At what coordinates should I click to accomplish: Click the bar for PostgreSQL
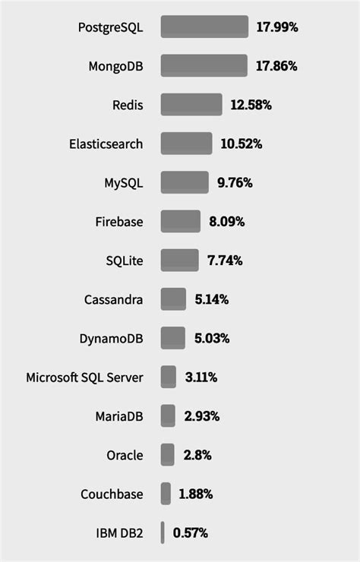pyautogui.click(x=204, y=27)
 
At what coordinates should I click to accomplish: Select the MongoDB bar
pyautogui.click(x=204, y=65)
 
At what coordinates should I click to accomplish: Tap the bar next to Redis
pyautogui.click(x=191, y=105)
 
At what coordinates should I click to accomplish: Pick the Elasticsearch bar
pyautogui.click(x=186, y=144)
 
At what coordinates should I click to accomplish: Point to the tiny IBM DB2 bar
pyautogui.click(x=163, y=532)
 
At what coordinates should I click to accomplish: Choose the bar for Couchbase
pyautogui.click(x=166, y=494)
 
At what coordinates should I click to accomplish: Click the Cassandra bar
pyautogui.click(x=173, y=299)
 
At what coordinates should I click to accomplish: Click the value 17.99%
pyautogui.click(x=277, y=27)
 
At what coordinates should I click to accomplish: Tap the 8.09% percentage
pyautogui.click(x=227, y=222)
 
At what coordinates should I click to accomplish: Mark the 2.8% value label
pyautogui.click(x=197, y=455)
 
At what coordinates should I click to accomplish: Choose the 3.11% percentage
pyautogui.click(x=201, y=377)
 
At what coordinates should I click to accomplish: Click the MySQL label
pyautogui.click(x=123, y=183)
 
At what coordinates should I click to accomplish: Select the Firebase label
pyautogui.click(x=118, y=222)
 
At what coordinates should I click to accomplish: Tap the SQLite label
pyautogui.click(x=125, y=260)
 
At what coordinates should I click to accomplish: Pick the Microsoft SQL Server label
pyautogui.click(x=84, y=377)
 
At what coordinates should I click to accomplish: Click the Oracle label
pyautogui.click(x=125, y=455)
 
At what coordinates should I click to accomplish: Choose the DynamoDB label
pyautogui.click(x=111, y=339)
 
